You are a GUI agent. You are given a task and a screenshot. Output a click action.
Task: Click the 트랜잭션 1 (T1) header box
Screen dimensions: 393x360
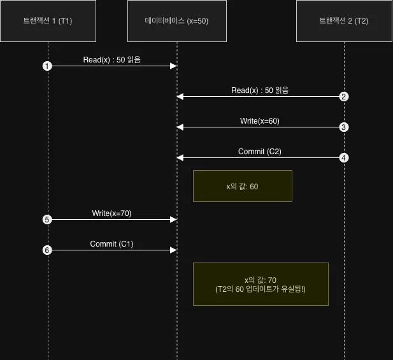[48, 21]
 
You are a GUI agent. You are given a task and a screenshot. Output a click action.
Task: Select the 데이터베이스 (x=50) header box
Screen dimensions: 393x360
[177, 21]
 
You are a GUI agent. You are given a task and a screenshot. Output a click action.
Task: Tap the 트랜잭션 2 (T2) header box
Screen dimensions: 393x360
[344, 21]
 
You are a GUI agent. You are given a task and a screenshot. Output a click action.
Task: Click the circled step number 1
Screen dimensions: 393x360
[47, 66]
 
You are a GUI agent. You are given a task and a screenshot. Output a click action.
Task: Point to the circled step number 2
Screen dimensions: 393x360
[344, 96]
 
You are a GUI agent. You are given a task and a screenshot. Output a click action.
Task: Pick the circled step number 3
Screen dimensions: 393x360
[344, 127]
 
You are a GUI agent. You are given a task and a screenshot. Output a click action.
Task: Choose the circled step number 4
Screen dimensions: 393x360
[344, 158]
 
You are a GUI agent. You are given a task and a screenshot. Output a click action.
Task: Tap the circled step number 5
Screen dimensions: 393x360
[47, 220]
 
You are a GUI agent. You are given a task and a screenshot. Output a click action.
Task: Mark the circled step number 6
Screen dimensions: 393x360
[47, 250]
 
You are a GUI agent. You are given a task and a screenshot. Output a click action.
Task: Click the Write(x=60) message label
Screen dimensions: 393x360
[260, 121]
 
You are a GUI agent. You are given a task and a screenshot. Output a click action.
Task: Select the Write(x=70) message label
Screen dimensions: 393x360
[111, 213]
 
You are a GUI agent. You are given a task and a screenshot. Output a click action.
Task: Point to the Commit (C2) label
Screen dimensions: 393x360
[260, 152]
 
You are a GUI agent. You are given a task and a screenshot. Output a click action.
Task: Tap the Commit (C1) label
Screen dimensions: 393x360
[111, 244]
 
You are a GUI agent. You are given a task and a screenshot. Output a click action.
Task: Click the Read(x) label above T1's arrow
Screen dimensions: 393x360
[111, 60]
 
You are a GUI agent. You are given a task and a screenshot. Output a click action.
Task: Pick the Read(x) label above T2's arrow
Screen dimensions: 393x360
[260, 90]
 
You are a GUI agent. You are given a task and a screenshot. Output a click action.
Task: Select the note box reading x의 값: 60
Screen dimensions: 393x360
[243, 186]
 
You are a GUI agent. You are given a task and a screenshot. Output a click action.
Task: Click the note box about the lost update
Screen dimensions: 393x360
[261, 284]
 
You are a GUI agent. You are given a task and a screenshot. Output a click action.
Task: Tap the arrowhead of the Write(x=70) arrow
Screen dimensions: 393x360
[173, 220]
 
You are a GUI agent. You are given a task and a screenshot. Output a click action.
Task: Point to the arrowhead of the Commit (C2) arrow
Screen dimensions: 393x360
[180, 158]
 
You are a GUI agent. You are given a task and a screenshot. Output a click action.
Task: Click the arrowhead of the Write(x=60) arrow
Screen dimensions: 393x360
[180, 127]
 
